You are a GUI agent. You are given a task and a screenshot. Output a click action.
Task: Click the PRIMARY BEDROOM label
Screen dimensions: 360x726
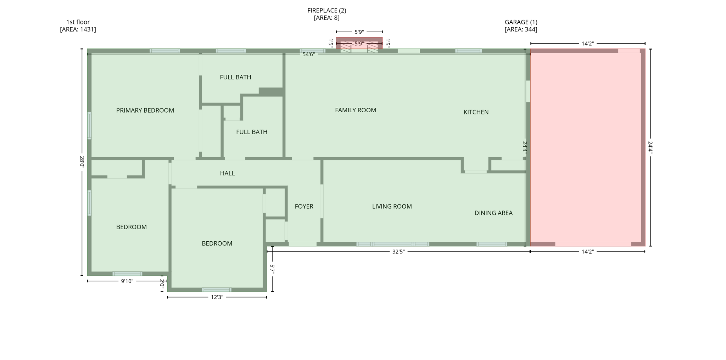coord(145,111)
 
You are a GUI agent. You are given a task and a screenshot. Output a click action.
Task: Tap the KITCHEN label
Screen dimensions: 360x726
coord(476,112)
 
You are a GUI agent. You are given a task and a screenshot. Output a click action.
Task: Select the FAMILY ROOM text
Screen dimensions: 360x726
coord(355,110)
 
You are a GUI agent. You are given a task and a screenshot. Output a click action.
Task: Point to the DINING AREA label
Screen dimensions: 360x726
coord(493,213)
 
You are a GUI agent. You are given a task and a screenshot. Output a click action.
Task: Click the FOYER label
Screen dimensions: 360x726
coord(304,207)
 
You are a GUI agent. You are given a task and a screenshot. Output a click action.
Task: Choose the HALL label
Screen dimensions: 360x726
coord(227,173)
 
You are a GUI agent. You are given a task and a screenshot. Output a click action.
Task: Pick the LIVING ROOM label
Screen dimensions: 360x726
coord(392,207)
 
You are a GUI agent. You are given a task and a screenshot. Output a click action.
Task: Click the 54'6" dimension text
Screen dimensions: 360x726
coord(308,55)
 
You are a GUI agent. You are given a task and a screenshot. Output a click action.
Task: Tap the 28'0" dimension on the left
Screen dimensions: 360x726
coord(82,162)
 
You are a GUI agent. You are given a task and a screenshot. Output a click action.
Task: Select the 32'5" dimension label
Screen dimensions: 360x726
coord(398,252)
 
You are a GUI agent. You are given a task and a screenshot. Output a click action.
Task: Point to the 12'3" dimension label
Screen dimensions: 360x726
coord(217,297)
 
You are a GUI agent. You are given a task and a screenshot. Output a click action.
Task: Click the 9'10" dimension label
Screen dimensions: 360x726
coord(127,281)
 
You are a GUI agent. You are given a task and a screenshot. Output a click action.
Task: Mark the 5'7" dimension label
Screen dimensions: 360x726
coord(272,269)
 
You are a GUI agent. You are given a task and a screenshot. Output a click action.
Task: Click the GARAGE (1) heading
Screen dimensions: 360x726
coord(521,22)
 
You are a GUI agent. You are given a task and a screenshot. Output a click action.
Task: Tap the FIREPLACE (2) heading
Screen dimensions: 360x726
coord(326,11)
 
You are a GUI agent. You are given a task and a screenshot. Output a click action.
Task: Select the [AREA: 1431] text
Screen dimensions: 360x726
coord(78,29)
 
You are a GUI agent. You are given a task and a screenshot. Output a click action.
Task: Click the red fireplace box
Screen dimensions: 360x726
coord(359,43)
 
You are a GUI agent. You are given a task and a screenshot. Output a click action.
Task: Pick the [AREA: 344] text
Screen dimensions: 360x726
coord(521,29)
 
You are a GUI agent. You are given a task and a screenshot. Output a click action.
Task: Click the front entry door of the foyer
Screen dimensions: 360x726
coord(302,244)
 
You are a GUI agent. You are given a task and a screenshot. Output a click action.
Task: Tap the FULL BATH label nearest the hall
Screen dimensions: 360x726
coord(252,132)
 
